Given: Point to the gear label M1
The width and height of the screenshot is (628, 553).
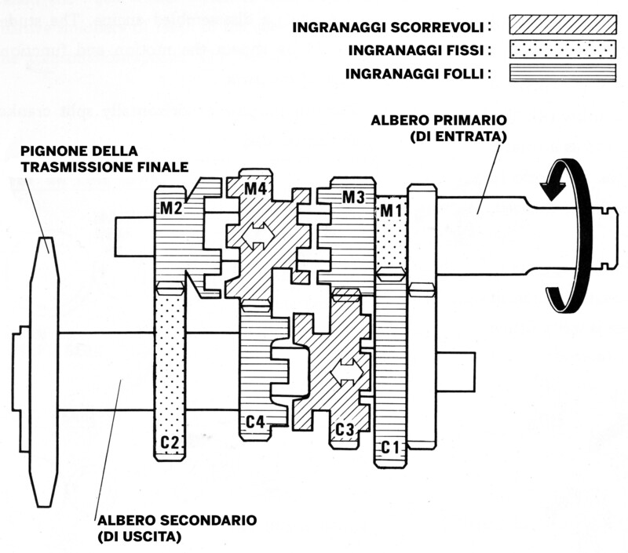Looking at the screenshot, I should (390, 210).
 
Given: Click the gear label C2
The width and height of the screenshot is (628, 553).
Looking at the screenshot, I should (170, 442).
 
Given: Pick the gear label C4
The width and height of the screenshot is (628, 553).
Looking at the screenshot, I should (256, 422).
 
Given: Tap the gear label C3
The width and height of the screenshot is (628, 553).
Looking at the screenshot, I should (345, 429).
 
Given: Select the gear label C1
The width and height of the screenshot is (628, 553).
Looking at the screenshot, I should (392, 447).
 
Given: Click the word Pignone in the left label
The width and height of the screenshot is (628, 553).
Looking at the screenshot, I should (44, 151).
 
